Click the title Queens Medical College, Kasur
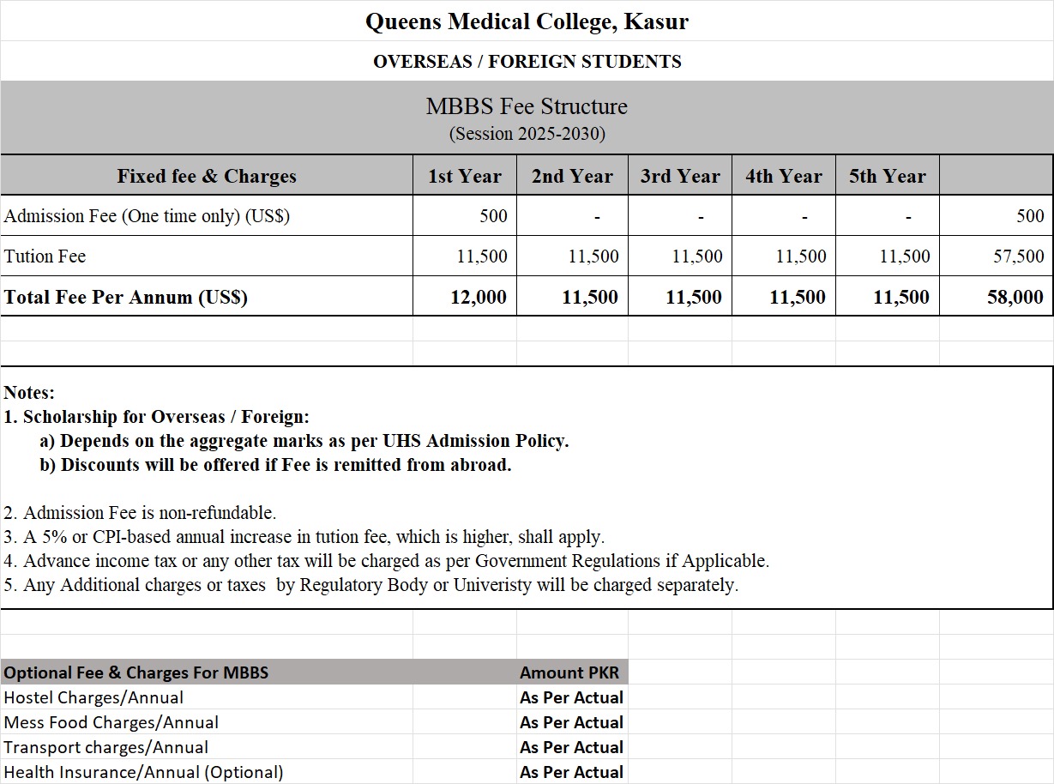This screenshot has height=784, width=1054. [x=527, y=21]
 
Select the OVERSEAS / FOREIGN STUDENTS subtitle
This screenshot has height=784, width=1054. [x=527, y=62]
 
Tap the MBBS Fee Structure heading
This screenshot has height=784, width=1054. [x=527, y=106]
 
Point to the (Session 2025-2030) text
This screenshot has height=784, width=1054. [x=527, y=134]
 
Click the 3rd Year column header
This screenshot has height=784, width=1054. [x=680, y=176]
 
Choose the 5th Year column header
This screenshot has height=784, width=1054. [x=888, y=176]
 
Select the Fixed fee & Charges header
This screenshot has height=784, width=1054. [x=207, y=176]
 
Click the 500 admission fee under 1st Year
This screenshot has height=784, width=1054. [x=493, y=216]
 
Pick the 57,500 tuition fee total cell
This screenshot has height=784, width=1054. [x=1018, y=256]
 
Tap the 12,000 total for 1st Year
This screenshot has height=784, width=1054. [x=479, y=298]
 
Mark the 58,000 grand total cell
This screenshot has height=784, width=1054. [x=1015, y=298]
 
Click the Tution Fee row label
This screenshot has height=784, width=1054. [x=45, y=256]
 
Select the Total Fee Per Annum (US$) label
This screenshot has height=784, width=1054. [x=126, y=298]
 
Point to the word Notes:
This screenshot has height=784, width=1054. [x=29, y=393]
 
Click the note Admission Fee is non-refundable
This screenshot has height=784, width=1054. [x=140, y=513]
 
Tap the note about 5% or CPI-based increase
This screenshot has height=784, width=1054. [x=304, y=537]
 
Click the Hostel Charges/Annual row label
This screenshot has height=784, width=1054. [x=93, y=697]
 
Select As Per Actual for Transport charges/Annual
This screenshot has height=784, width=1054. [x=571, y=747]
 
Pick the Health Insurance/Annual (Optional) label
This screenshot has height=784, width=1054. [x=143, y=772]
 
